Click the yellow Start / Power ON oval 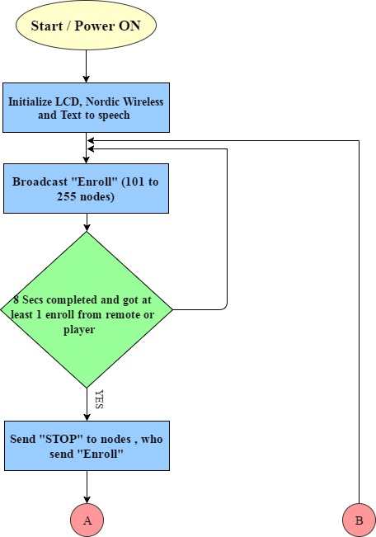click(x=86, y=26)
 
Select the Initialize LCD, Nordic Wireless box click(x=86, y=107)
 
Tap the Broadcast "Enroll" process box click(x=86, y=188)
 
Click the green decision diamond click(x=87, y=309)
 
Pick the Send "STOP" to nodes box click(x=87, y=445)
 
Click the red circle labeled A click(x=87, y=520)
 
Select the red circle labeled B click(x=359, y=520)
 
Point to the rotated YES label click(x=99, y=399)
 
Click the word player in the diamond click(x=79, y=330)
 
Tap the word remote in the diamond click(x=123, y=314)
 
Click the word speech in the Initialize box click(x=114, y=115)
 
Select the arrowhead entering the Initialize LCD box click(x=86, y=79)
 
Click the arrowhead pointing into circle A click(x=87, y=500)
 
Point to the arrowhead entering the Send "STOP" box click(x=87, y=417)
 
